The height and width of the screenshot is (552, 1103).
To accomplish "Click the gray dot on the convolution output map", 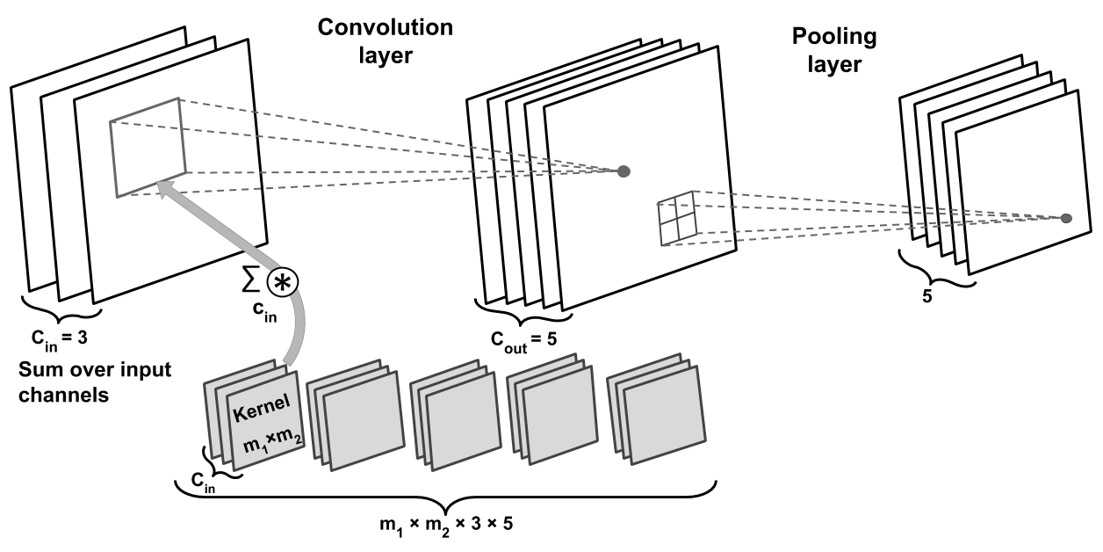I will (x=624, y=171).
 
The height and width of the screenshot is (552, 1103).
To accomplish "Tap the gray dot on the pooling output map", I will (x=1065, y=218).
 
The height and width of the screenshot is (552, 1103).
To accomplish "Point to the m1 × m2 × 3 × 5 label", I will (x=447, y=525).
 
